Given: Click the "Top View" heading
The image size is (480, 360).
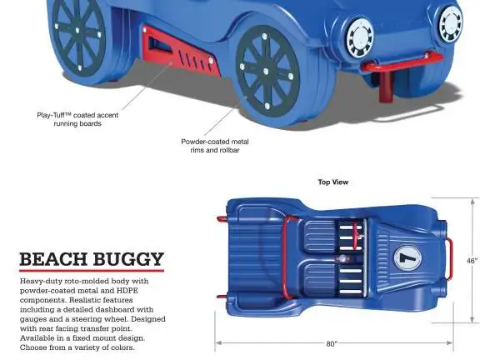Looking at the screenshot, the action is [333, 182].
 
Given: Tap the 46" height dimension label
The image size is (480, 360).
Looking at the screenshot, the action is [472, 261].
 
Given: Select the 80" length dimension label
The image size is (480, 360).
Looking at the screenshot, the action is [331, 344].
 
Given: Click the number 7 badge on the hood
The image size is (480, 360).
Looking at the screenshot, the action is [407, 258].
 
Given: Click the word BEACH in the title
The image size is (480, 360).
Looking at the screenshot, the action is [53, 259].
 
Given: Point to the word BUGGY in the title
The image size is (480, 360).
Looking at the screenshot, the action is [128, 259].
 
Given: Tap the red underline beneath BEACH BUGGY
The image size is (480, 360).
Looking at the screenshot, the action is [92, 270].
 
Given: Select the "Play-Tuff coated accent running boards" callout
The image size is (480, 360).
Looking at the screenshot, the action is [77, 119].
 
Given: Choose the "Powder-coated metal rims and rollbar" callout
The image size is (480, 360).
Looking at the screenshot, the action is [215, 146].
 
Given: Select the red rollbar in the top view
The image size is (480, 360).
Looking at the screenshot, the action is [284, 258].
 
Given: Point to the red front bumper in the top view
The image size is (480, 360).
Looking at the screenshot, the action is [450, 258].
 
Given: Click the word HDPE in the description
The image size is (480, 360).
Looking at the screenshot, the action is [127, 291].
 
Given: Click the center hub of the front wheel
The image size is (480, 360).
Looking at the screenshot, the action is [266, 72].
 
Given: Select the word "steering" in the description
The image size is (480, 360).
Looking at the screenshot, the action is [87, 319].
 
